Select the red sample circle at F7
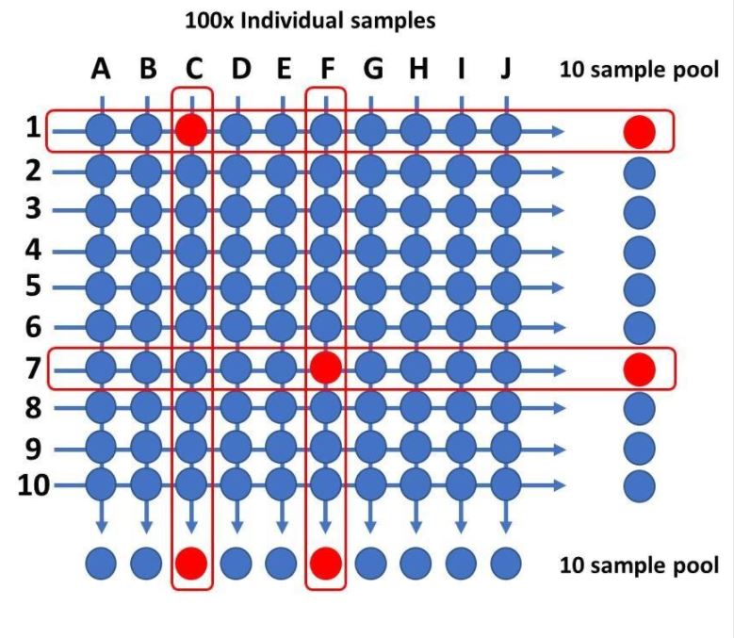[326, 368]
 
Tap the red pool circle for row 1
[639, 131]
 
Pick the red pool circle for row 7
[639, 368]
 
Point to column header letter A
[101, 70]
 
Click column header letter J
[506, 70]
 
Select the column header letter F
[326, 70]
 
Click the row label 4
[34, 251]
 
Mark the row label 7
[34, 368]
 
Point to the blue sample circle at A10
[101, 486]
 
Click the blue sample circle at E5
[281, 286]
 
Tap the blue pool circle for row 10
[639, 486]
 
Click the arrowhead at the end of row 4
[559, 251]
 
